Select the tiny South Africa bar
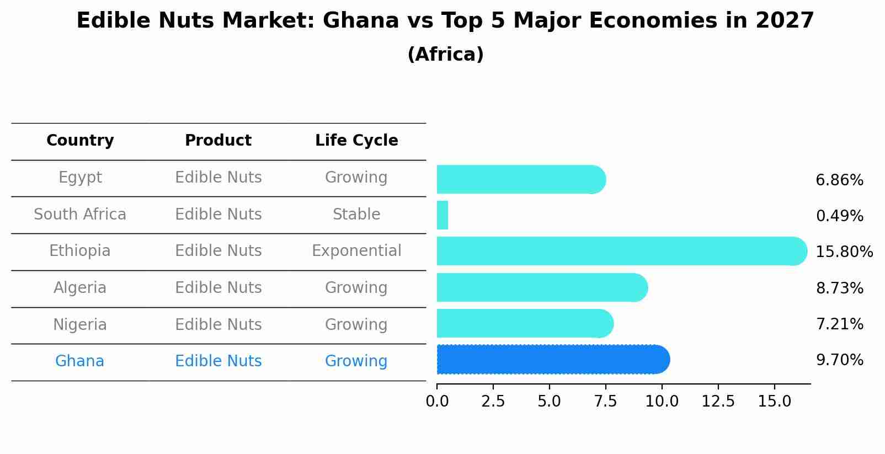[442, 215]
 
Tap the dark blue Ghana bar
[552, 360]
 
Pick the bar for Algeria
[541, 287]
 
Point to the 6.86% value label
[839, 180]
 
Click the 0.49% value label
[839, 216]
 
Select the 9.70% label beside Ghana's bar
[839, 360]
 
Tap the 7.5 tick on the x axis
[605, 402]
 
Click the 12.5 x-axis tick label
[718, 402]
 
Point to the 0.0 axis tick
[437, 402]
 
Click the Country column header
[80, 141]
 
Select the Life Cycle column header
[356, 141]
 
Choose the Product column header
[218, 141]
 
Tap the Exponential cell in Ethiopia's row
[356, 251]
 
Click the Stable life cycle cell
[356, 215]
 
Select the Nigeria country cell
[80, 325]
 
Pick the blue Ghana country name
[79, 361]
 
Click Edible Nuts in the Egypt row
[218, 178]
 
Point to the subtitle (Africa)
[445, 55]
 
